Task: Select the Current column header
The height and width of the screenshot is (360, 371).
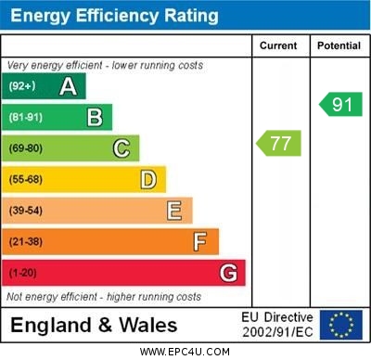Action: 278,45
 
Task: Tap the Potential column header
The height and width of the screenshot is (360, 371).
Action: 339,45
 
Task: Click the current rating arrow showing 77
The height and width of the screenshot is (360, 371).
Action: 279,144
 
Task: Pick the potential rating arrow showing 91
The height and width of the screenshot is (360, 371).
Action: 340,104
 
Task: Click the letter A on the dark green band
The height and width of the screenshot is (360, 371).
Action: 68,86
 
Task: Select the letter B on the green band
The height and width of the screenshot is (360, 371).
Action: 95,117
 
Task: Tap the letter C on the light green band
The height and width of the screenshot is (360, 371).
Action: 121,148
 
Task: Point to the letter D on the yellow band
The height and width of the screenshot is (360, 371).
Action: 147,179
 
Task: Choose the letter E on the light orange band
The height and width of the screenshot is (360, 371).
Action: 173,211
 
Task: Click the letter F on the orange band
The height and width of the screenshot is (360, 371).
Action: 199,242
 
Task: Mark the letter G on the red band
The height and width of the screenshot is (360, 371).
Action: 228,273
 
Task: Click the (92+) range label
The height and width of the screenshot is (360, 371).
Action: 22,86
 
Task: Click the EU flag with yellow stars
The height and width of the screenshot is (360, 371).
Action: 340,324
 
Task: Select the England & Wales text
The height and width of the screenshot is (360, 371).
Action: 94,325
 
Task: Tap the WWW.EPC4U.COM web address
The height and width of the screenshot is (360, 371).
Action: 185,352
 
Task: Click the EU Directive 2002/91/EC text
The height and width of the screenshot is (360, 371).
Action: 278,324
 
